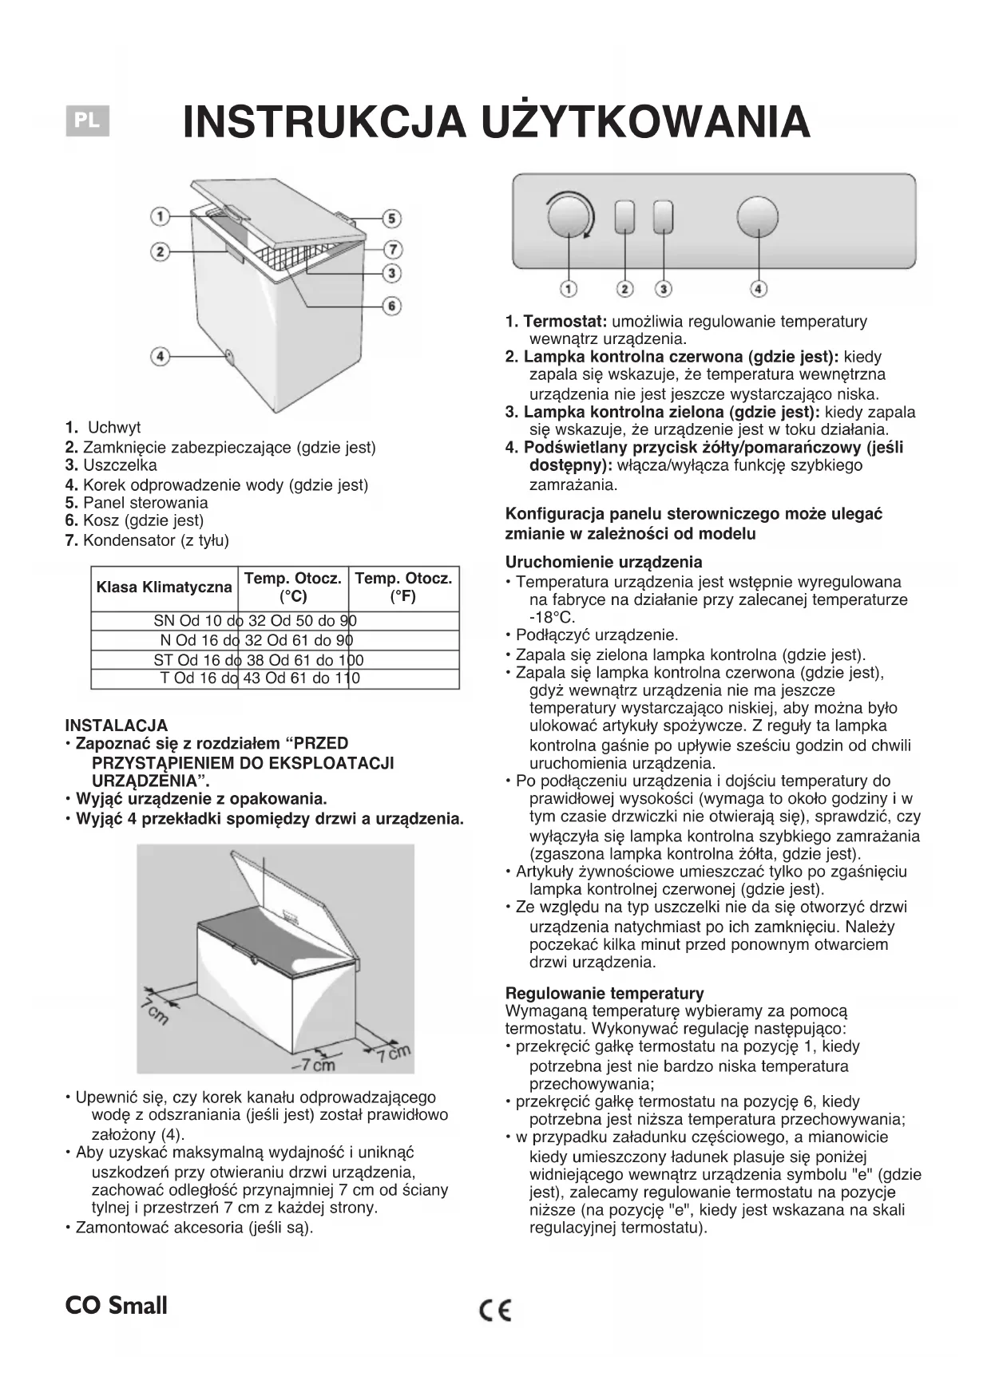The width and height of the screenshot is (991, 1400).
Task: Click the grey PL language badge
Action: pyautogui.click(x=87, y=121)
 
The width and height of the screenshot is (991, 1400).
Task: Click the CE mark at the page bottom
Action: pyautogui.click(x=495, y=1311)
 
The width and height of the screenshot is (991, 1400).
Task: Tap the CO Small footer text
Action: pyautogui.click(x=117, y=1306)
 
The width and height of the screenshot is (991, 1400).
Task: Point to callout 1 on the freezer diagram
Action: pyautogui.click(x=161, y=216)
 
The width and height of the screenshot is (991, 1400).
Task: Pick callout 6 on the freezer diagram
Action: pyautogui.click(x=391, y=306)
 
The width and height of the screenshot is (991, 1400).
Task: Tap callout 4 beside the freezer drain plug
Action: pyautogui.click(x=161, y=356)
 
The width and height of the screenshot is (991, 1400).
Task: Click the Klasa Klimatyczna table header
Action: pyautogui.click(x=164, y=588)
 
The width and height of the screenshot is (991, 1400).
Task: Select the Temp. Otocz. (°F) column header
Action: pyautogui.click(x=403, y=587)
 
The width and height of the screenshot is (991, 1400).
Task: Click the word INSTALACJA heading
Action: pyautogui.click(x=117, y=726)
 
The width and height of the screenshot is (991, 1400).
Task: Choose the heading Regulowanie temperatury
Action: pyautogui.click(x=605, y=993)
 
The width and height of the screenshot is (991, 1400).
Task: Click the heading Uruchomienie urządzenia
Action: pyautogui.click(x=604, y=562)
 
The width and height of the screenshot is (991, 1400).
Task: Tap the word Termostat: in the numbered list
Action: pyautogui.click(x=565, y=322)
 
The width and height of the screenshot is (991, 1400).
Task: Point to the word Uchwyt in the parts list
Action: pyautogui.click(x=114, y=428)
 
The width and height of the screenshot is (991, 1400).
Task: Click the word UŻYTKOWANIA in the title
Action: pyautogui.click(x=645, y=122)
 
